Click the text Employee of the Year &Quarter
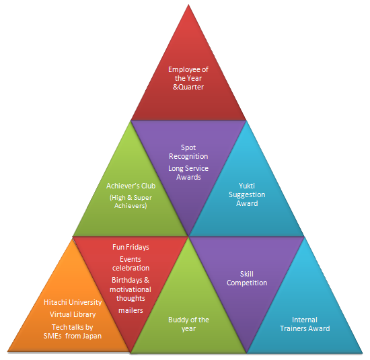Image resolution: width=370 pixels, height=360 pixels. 188,78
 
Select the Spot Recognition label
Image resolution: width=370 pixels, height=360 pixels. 188,152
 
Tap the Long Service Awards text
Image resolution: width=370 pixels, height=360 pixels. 188,172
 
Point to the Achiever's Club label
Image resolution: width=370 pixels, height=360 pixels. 131,186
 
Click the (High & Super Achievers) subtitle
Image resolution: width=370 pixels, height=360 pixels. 131,201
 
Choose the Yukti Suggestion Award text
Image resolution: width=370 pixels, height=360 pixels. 247,194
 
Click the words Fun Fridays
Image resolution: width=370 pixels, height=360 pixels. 131,247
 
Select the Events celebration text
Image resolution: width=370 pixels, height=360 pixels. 131,264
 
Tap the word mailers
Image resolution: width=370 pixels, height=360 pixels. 131,310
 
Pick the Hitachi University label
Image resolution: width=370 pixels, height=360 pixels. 73,302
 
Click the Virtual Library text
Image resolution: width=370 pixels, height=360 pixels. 73,314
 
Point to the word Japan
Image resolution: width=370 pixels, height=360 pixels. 92,336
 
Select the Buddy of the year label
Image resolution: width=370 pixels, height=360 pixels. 188,324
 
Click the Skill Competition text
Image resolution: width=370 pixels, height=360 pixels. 247,279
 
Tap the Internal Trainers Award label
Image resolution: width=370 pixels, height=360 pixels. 305,324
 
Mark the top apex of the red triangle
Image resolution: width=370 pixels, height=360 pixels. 188,4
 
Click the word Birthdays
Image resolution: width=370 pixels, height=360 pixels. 127,280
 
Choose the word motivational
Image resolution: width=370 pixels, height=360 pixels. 131,289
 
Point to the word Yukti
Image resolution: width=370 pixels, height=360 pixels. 247,186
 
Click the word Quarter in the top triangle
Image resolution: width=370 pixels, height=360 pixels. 191,87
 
